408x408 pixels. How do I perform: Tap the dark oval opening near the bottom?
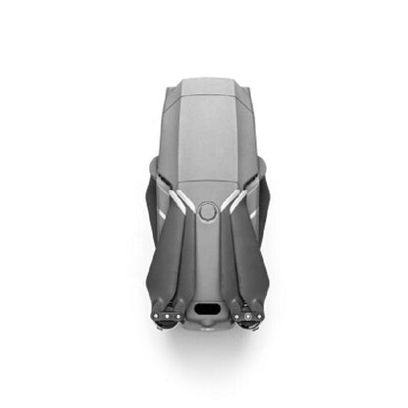click(206, 308)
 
